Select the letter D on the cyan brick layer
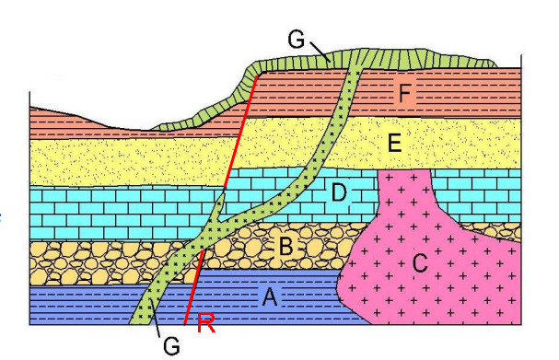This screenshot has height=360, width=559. (x=339, y=194)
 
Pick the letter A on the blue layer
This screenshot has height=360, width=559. (x=270, y=296)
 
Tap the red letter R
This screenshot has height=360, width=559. (x=207, y=322)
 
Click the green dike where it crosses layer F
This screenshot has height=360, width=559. (x=350, y=92)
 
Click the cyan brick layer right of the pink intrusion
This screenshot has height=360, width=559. (x=479, y=194)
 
